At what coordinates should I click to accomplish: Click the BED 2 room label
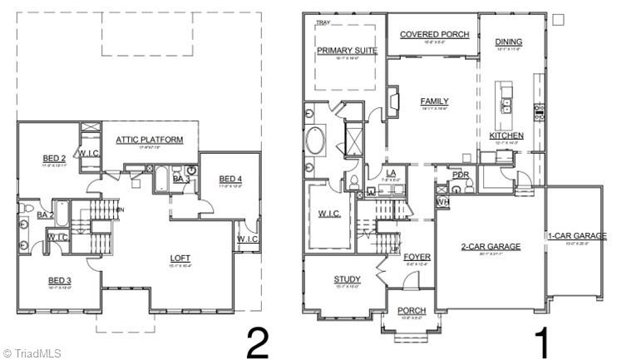[55, 158]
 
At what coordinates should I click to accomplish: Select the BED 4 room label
[230, 179]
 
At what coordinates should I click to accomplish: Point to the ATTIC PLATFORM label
[149, 140]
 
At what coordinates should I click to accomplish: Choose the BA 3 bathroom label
[182, 178]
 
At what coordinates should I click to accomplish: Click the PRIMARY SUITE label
[347, 51]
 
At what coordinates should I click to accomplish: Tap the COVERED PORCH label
[434, 35]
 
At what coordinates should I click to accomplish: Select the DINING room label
[509, 42]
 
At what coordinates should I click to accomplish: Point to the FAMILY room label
[434, 101]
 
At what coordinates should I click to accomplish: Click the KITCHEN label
[506, 136]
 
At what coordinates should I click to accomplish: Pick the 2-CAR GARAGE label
[491, 247]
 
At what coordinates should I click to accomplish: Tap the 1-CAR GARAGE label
[576, 237]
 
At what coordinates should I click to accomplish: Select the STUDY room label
[346, 279]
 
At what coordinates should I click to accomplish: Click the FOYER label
[417, 257]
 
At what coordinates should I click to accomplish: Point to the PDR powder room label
[460, 175]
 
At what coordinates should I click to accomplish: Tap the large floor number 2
[257, 342]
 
